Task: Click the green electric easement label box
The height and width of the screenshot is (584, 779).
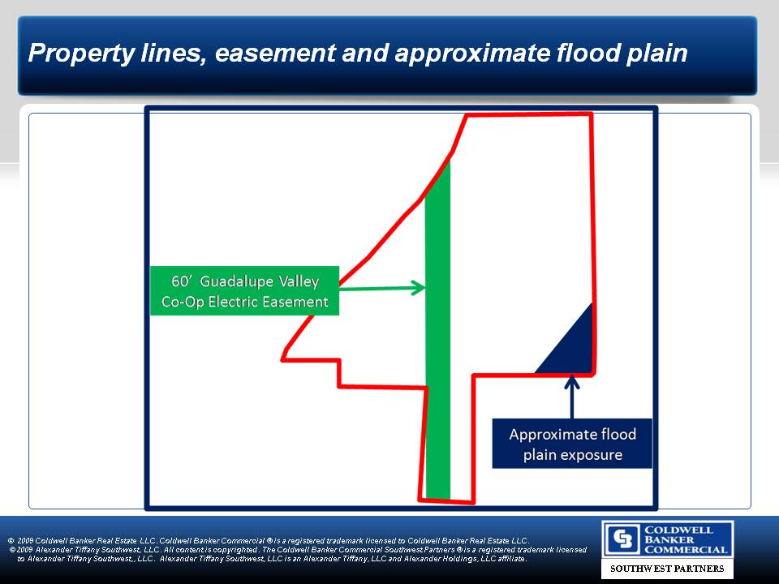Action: (x=244, y=291)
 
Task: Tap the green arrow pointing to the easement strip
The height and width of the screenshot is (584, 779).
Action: (x=382, y=287)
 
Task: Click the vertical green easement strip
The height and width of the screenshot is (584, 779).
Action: (x=437, y=328)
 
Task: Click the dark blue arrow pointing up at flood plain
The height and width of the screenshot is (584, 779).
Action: (x=572, y=397)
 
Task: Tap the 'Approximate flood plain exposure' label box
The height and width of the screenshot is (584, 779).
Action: (x=572, y=444)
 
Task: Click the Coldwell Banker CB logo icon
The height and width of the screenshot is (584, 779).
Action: (x=623, y=539)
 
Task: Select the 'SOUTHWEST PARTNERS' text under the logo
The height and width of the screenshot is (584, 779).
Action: (x=667, y=568)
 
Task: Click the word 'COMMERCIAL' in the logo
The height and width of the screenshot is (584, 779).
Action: (x=686, y=550)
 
